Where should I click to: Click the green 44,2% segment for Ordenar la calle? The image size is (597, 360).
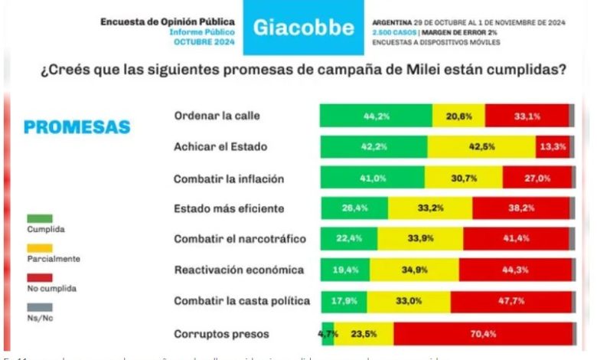376,116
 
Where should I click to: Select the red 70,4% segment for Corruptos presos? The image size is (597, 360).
483,333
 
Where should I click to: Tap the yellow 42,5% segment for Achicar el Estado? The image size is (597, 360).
481,146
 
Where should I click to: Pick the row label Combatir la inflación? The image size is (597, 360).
219,178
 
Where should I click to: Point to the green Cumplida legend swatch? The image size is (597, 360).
39,218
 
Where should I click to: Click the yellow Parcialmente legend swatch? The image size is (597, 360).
39,248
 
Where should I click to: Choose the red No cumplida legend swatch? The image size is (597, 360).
39,277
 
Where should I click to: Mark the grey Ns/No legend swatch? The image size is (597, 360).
39,307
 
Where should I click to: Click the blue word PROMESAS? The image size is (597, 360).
77,127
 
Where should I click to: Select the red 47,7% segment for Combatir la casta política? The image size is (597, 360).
511,302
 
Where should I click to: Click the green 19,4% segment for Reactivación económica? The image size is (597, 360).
345,270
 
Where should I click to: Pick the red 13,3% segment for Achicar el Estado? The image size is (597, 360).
552,146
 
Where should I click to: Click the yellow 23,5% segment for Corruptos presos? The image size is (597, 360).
364,333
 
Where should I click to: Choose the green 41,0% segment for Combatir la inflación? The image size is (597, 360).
374,178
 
